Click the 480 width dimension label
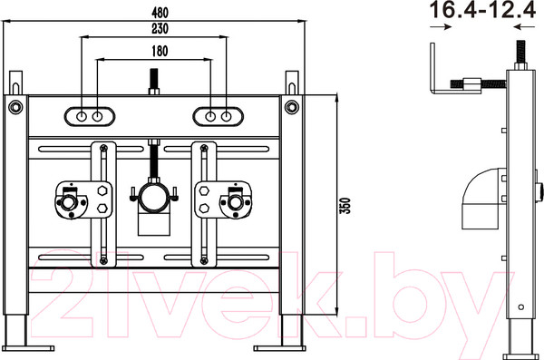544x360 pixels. point(160,13)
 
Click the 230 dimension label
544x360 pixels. point(160,28)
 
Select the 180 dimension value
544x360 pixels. point(160,51)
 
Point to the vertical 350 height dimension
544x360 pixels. point(345,206)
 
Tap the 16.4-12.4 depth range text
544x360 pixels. point(483,10)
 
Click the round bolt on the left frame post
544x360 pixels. point(15,107)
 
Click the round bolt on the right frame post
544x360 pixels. point(292,107)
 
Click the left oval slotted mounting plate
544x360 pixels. point(90,116)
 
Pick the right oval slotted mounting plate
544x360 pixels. point(219,116)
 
